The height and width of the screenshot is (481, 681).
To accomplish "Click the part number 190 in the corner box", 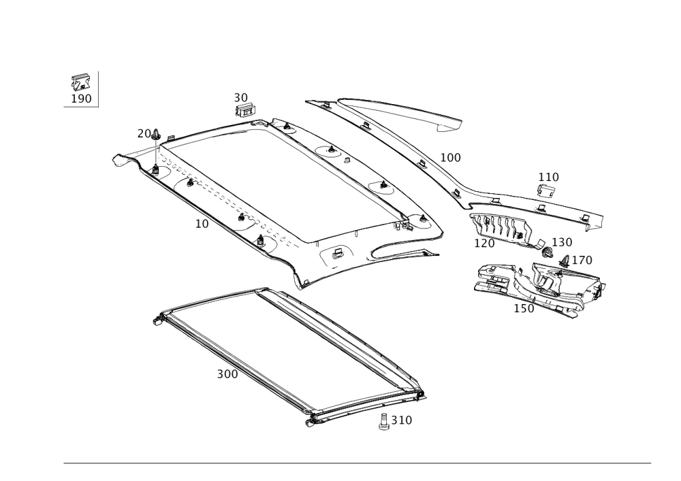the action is tap(82, 99).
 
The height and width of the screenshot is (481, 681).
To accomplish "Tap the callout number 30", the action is tap(241, 98).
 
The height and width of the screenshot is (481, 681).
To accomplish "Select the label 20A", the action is tap(147, 134).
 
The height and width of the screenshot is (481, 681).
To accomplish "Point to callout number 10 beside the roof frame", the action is tap(201, 223).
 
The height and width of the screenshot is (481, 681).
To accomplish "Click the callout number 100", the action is tap(450, 158).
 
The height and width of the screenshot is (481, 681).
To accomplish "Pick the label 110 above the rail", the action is tap(548, 177).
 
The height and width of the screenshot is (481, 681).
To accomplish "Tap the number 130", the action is tap(563, 243).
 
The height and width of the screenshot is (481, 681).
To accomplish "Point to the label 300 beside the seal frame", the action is tap(227, 375).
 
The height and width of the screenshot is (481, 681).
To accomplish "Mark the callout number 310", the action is tap(401, 421).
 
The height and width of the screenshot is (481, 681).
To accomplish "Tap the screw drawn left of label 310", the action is tap(384, 421).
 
